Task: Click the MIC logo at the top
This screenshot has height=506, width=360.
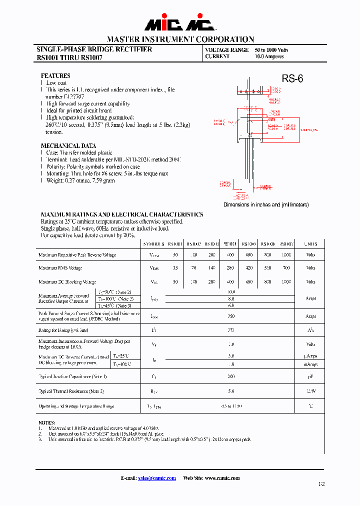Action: pos(179,23)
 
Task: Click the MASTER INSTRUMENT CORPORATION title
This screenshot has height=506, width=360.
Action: pos(180,39)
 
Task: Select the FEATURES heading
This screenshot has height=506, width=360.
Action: pos(55,76)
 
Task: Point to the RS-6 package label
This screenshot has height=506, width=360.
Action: pos(292,78)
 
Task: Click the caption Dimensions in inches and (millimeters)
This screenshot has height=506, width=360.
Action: pos(265,204)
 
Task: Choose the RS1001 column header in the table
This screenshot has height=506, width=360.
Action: pos(175,244)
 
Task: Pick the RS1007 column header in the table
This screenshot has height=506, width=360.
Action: pos(286,244)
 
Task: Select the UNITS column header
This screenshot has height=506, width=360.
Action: pos(310,244)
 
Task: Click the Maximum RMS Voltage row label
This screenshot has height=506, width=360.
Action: pos(60,268)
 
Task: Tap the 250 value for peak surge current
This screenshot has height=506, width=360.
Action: pos(231,316)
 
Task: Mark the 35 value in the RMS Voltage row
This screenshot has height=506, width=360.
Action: pos(175,268)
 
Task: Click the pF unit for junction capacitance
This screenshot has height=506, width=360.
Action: pos(310,376)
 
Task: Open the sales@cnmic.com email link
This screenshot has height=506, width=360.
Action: pos(157,478)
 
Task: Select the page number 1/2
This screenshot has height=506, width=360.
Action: pos(321,484)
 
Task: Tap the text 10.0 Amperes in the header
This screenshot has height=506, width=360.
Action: pos(269,56)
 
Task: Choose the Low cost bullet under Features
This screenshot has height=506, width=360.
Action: pos(56,83)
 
